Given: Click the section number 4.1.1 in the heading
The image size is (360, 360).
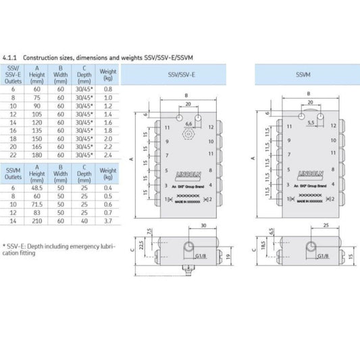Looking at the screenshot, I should (x=10, y=58).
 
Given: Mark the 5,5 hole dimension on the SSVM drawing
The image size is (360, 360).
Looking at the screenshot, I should (x=310, y=124).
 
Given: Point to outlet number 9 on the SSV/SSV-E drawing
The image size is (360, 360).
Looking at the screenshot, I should (x=167, y=143).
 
